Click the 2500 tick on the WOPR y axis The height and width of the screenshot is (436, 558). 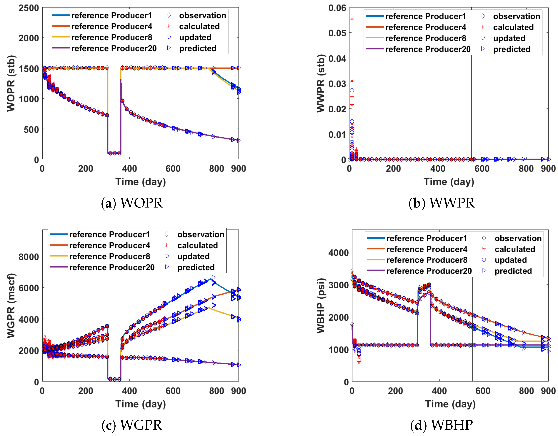(x=29, y=8)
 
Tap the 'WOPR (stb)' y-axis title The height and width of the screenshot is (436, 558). (x=11, y=83)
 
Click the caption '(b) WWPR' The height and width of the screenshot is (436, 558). (x=441, y=203)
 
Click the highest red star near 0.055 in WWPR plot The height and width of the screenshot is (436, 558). (x=352, y=19)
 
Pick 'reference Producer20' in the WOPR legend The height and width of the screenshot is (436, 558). (x=114, y=48)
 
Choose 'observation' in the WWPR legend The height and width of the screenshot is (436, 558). (x=516, y=16)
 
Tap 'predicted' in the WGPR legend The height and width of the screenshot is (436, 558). (x=196, y=267)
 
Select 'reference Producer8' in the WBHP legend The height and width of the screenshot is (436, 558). (x=427, y=260)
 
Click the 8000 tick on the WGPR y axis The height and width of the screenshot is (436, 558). (x=29, y=257)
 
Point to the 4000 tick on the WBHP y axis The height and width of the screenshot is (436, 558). (x=338, y=253)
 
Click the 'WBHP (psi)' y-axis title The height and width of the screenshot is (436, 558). (x=321, y=305)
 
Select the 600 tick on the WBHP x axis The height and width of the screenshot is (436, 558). (x=483, y=391)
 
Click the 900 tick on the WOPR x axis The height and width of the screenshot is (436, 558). (x=238, y=169)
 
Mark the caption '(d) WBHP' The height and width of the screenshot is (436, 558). (x=441, y=425)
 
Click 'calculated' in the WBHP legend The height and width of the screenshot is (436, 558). (x=514, y=249)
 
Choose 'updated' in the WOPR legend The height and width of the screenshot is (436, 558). (x=195, y=37)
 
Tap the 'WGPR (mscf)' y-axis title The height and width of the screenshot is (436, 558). (x=11, y=305)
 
